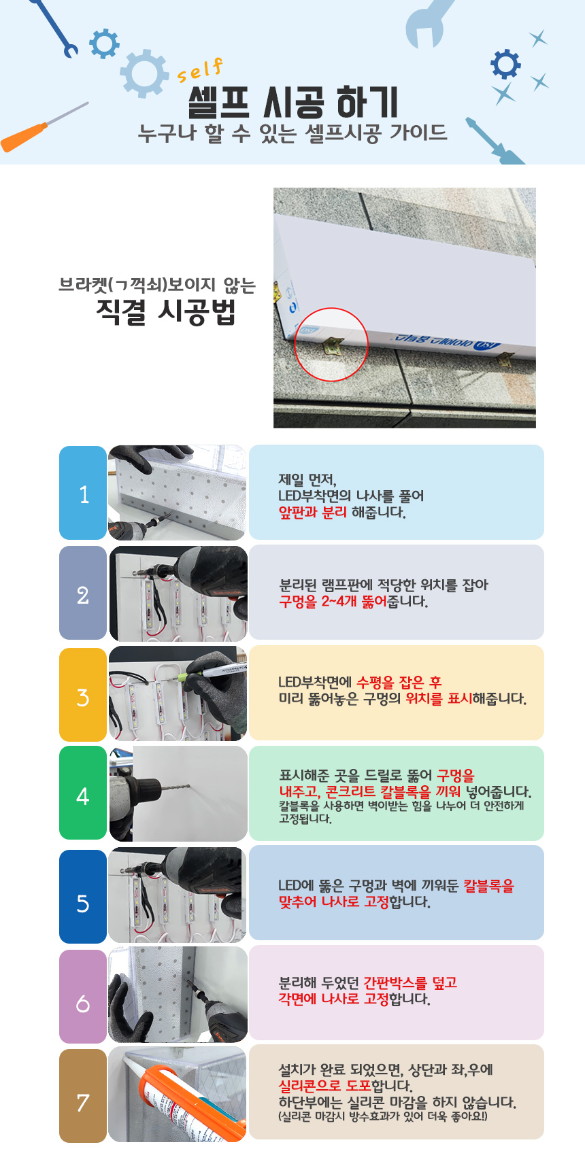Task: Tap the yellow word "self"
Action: click(x=201, y=71)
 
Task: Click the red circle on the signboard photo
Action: click(x=331, y=344)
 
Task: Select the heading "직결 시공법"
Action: click(x=166, y=311)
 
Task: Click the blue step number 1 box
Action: click(x=83, y=493)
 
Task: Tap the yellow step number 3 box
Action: click(x=83, y=694)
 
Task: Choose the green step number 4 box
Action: click(x=83, y=793)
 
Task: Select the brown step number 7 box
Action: click(x=83, y=1096)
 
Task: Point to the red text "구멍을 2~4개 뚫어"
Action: click(x=333, y=601)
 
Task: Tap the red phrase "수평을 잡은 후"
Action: click(x=399, y=683)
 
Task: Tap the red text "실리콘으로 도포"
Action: click(x=324, y=1086)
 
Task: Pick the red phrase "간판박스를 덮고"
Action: click(x=410, y=983)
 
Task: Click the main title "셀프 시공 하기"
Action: click(x=293, y=103)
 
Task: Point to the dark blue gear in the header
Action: click(x=505, y=64)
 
